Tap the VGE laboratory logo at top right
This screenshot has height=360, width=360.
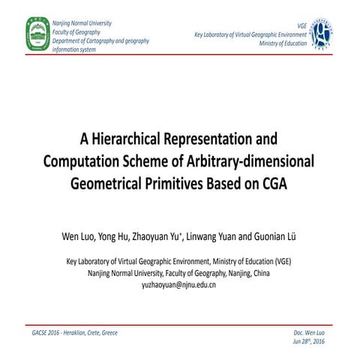[x=321, y=32]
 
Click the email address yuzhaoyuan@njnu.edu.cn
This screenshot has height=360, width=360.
[x=178, y=285]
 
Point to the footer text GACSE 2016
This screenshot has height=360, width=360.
[x=46, y=332]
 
